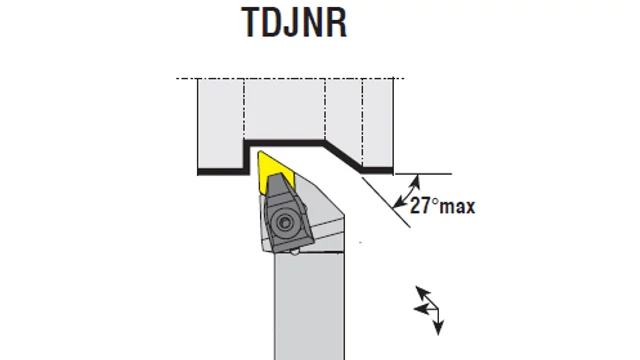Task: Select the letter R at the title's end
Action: tap(336, 22)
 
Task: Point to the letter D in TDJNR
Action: tap(270, 22)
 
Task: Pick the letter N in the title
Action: tap(311, 22)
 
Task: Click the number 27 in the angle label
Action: tap(420, 205)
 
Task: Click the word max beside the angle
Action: tap(458, 207)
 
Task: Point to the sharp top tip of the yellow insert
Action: tap(259, 152)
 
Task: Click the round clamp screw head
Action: tap(284, 222)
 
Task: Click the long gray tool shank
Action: tap(309, 306)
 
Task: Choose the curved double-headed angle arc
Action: tap(409, 191)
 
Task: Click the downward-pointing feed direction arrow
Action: tap(438, 322)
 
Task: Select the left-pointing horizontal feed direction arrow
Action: tap(425, 309)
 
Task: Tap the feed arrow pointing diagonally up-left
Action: tap(427, 298)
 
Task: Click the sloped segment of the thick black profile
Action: tap(343, 156)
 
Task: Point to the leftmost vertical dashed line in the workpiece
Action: tap(244, 108)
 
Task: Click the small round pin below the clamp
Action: tap(295, 252)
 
